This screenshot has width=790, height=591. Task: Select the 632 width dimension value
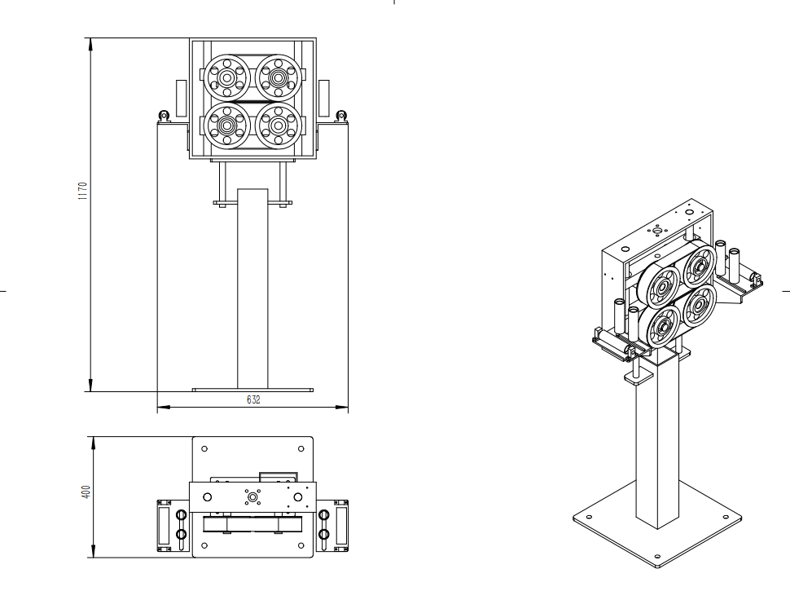pos(253,400)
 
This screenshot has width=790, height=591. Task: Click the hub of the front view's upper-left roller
pos(226,77)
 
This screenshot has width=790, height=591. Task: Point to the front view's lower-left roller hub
pos(226,126)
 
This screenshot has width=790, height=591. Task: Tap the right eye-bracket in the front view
pos(342,116)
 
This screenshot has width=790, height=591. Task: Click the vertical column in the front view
pos(252,285)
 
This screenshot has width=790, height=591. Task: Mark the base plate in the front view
pos(252,390)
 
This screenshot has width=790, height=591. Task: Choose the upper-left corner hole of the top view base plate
pos(204,448)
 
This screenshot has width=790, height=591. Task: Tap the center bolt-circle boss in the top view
pos(252,496)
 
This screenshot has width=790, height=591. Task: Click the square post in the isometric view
pos(657,440)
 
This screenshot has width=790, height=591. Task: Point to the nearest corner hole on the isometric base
pos(657,560)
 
